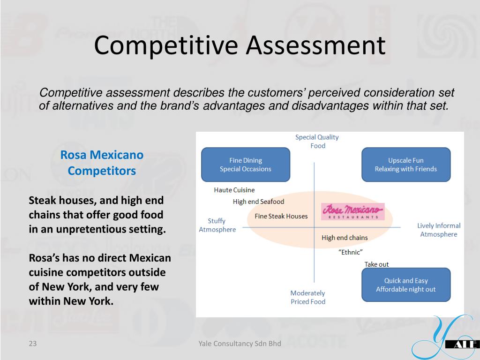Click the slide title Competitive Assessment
click(x=240, y=45)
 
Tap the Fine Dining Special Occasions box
click(x=246, y=165)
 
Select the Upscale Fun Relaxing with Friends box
click(x=405, y=165)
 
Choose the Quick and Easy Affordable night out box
click(x=405, y=285)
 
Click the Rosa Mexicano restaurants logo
click(x=352, y=211)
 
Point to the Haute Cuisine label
click(x=234, y=190)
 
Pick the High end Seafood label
click(x=258, y=202)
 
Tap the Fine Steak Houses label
click(x=281, y=216)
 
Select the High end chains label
click(x=345, y=238)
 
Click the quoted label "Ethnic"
click(x=350, y=252)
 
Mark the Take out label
click(x=376, y=264)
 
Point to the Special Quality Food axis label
click(x=317, y=142)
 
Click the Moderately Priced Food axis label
click(x=307, y=297)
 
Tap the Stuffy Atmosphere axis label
click(x=217, y=225)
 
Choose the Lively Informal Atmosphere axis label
click(x=439, y=230)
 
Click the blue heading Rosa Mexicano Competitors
click(x=102, y=163)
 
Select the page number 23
click(x=32, y=344)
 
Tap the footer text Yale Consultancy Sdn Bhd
click(x=240, y=344)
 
